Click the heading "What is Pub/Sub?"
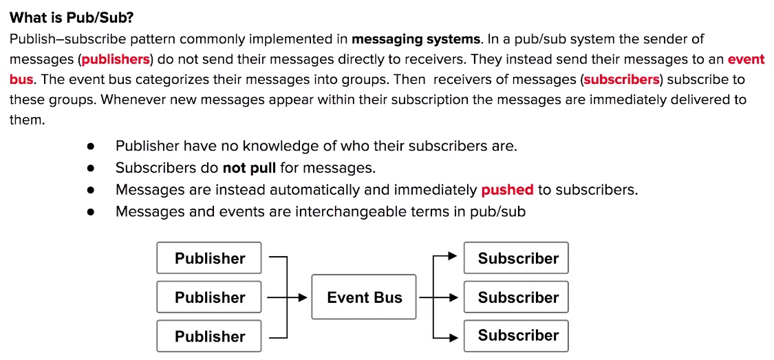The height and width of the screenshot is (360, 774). click(x=72, y=19)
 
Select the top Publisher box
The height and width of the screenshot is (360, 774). click(x=208, y=257)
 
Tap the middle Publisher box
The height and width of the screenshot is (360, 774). click(x=208, y=297)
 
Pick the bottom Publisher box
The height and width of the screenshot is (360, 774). click(x=208, y=337)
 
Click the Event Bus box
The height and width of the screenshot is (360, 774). click(x=364, y=297)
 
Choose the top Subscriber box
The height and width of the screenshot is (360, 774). click(x=516, y=257)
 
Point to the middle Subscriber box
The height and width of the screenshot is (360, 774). click(x=516, y=297)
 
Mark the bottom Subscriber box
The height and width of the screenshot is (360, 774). click(x=516, y=336)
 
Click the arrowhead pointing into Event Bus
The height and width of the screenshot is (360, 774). click(x=303, y=297)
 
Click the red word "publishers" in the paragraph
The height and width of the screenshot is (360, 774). click(x=116, y=60)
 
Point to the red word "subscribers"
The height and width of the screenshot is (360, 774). click(x=621, y=80)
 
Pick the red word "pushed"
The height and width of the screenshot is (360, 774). click(x=508, y=190)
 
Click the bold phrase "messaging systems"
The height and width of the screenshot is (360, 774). click(x=416, y=39)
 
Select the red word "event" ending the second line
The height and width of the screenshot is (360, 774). click(x=746, y=59)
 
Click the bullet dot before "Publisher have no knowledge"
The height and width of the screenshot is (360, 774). click(x=90, y=147)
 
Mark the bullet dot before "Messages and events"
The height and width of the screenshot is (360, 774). click(x=90, y=212)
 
